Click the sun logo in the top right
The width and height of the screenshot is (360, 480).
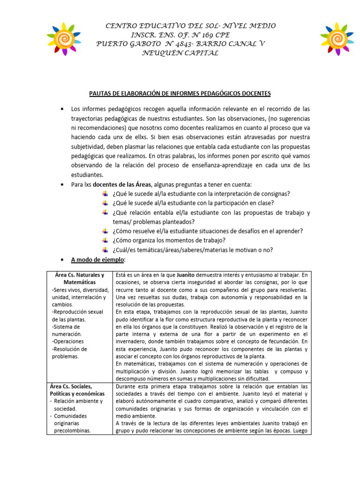click(337, 37)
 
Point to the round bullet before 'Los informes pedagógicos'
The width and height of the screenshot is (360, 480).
click(63, 109)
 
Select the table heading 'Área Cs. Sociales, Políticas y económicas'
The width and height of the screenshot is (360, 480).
click(77, 390)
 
